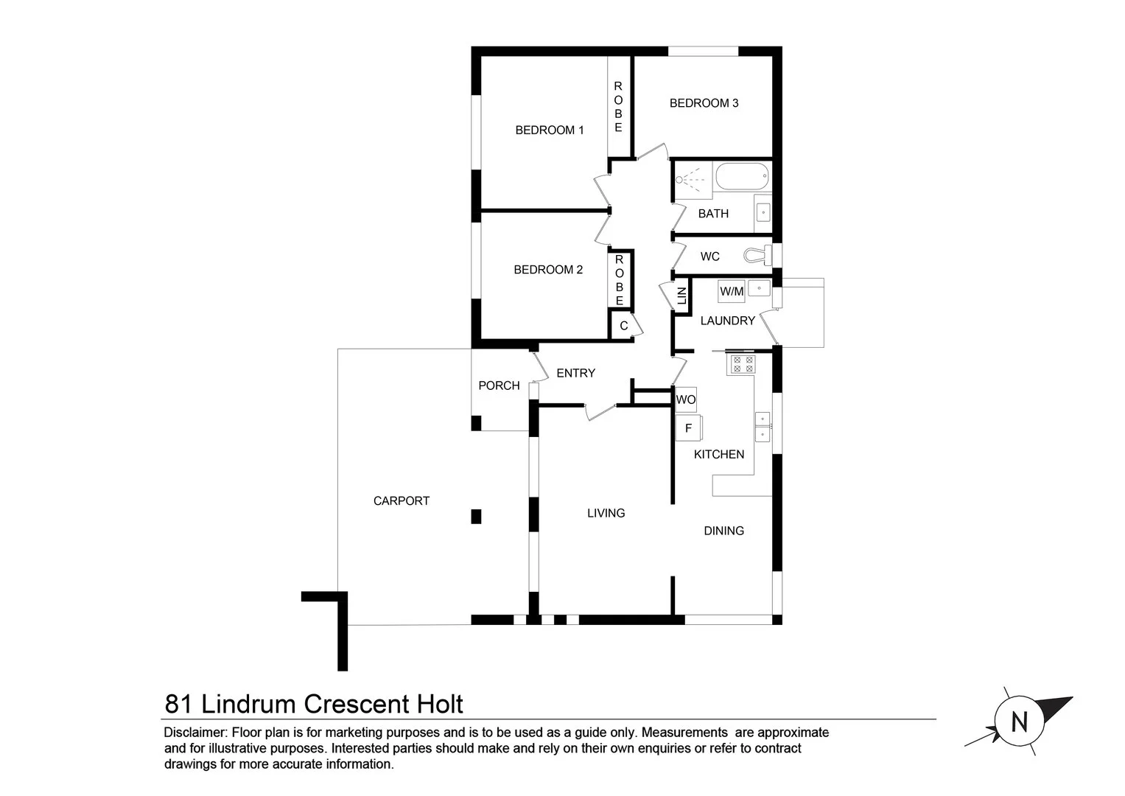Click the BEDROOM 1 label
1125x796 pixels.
(x=550, y=130)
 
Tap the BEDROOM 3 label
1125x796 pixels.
(x=704, y=103)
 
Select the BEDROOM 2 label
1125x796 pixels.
(x=548, y=270)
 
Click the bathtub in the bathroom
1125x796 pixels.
(x=743, y=178)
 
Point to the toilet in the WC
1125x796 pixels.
(x=757, y=255)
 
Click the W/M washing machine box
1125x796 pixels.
(x=732, y=292)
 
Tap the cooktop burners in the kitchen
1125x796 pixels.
(x=743, y=363)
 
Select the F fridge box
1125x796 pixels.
(x=689, y=428)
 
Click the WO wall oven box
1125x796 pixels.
(x=686, y=399)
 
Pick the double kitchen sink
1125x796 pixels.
(x=763, y=427)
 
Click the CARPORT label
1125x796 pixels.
(x=402, y=501)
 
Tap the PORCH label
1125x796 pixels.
(x=499, y=385)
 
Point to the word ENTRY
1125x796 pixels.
(x=575, y=374)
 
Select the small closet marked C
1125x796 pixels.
(x=623, y=326)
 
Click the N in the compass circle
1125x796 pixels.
(x=1020, y=722)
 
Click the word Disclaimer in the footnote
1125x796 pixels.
(x=194, y=733)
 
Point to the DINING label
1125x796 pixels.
(x=723, y=531)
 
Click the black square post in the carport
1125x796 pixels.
(x=476, y=517)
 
